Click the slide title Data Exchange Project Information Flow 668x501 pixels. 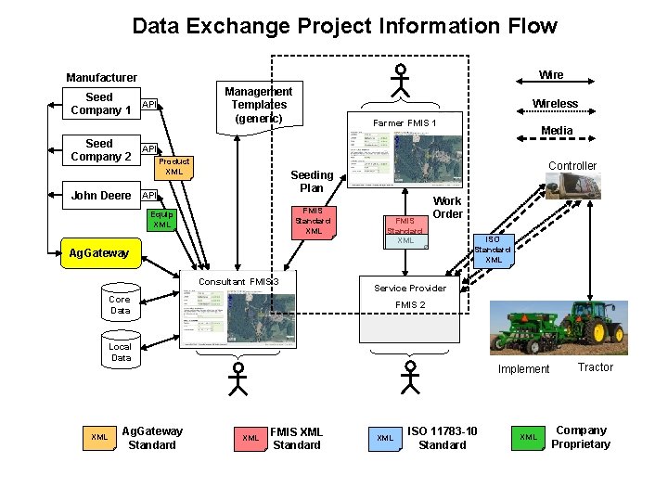344,26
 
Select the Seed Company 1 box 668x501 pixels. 99,104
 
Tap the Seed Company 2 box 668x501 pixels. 99,150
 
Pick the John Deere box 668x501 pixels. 101,196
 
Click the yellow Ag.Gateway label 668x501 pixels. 99,252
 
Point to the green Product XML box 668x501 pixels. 173,166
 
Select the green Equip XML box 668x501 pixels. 161,219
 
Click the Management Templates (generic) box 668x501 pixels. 258,105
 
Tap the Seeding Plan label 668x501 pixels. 312,181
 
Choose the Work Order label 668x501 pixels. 447,207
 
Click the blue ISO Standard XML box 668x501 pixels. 494,249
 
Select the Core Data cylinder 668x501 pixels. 120,304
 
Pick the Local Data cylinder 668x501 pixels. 121,351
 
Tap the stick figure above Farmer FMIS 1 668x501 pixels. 400,80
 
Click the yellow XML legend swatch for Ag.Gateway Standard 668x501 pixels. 99,437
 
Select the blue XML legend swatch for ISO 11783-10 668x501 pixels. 384,437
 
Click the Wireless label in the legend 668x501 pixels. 555,103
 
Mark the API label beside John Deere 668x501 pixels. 148,196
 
